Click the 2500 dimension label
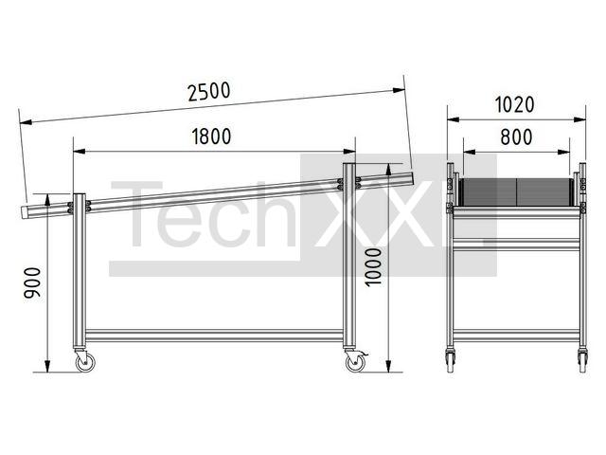point(209,91)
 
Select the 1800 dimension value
point(211,136)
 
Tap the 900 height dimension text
point(32,282)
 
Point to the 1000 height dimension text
point(374,267)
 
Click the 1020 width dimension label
point(515,105)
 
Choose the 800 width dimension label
point(516,136)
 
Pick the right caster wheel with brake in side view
point(356,360)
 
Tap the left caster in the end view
point(451,360)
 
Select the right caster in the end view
point(582,360)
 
